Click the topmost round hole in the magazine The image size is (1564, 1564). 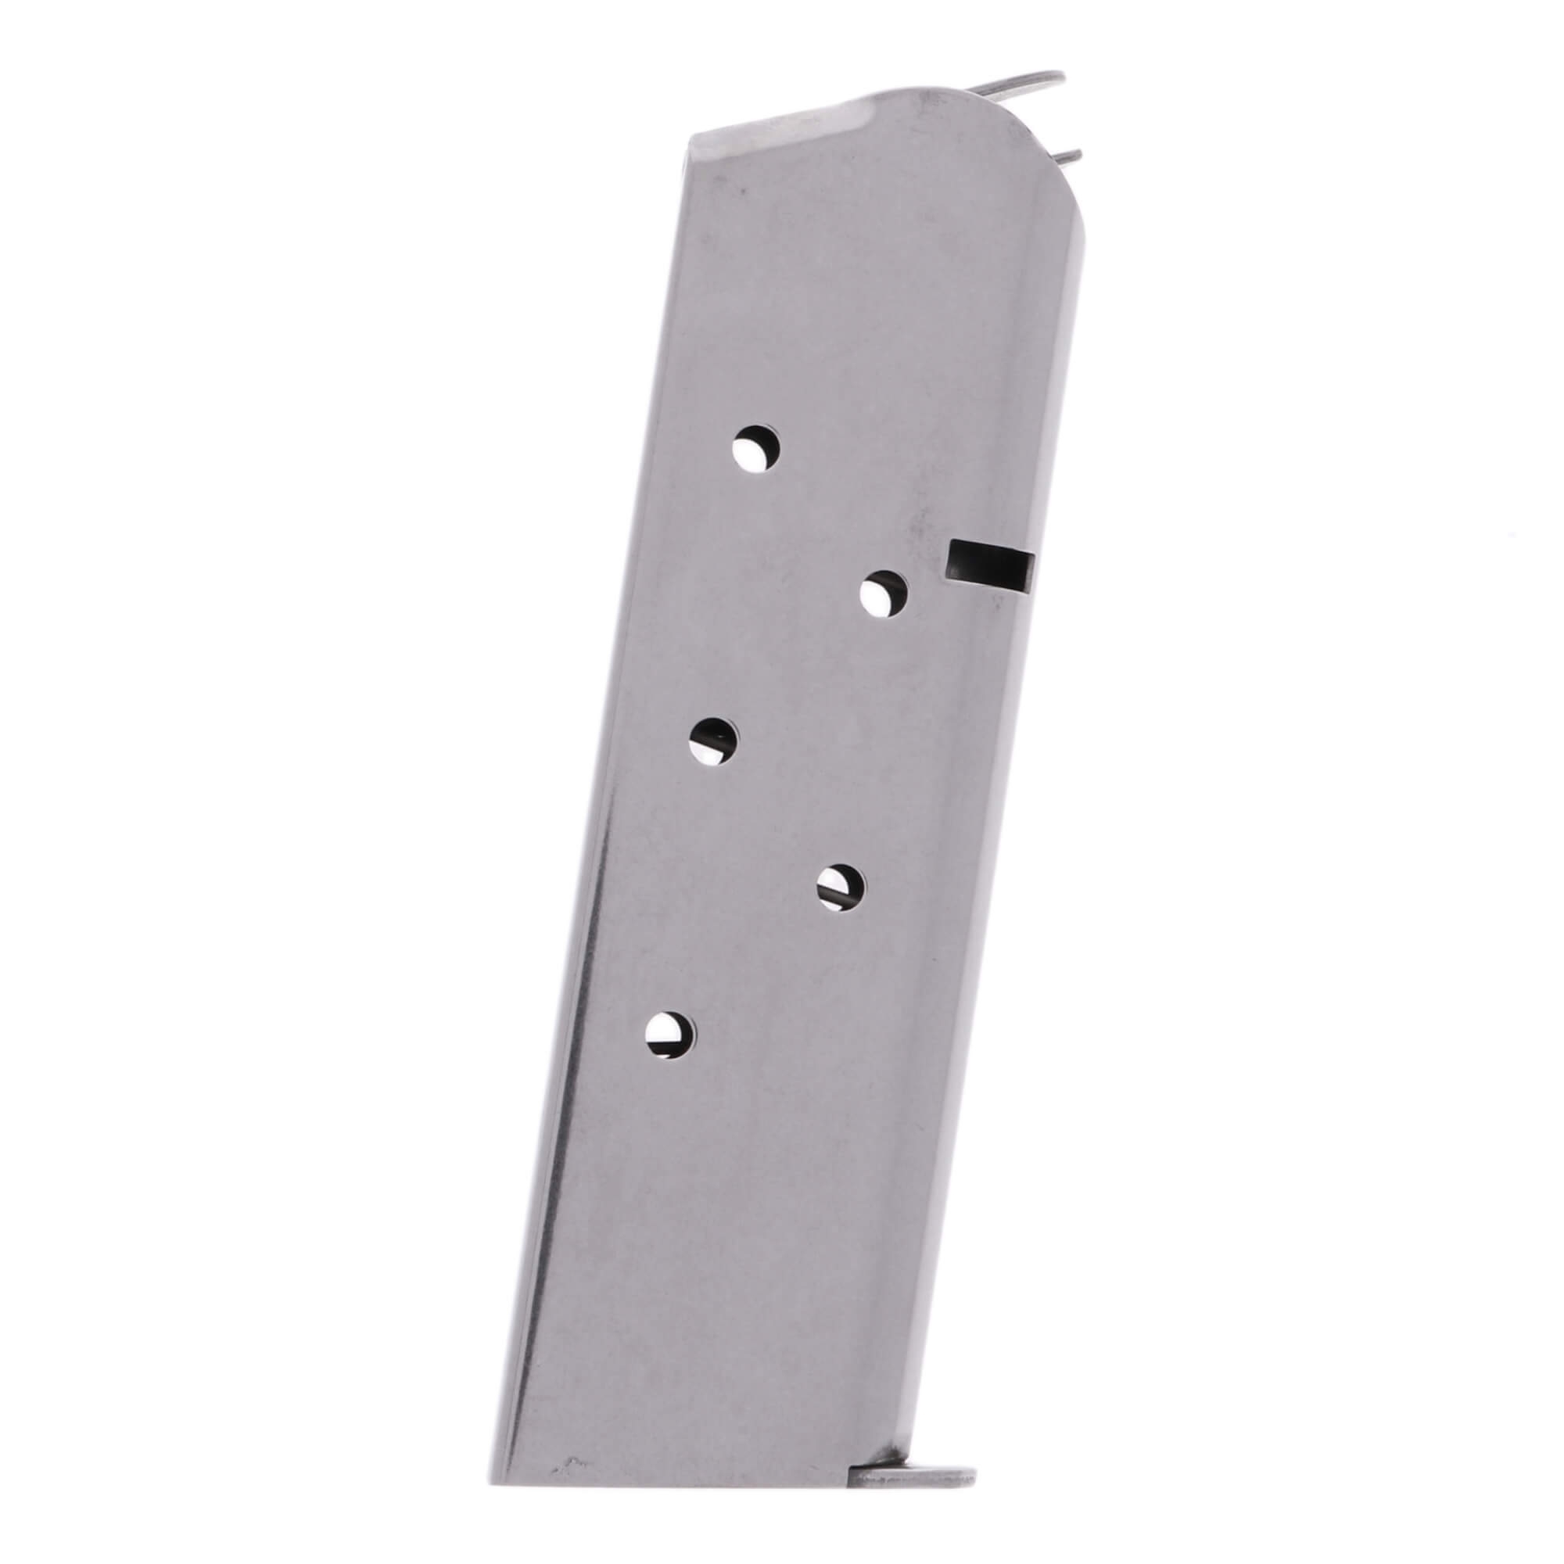click(755, 447)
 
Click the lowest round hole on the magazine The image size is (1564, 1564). click(670, 1035)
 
